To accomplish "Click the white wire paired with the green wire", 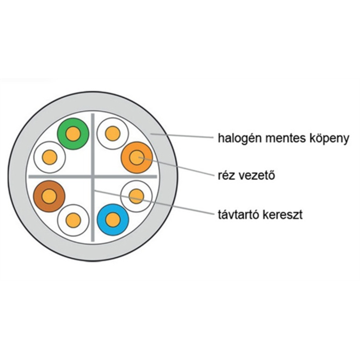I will click(50, 157).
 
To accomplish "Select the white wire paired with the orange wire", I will click(113, 134).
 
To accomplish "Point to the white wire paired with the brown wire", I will click(73, 220).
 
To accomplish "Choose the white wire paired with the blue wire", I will click(136, 195).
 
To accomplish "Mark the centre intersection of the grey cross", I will click(92, 176).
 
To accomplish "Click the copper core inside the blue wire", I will click(113, 220).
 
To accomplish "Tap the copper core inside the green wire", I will click(73, 133).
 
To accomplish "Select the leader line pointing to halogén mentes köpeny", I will click(183, 136).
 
